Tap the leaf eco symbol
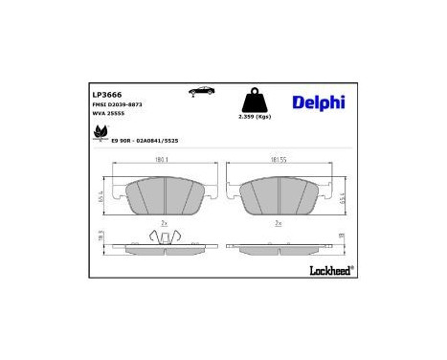[x=100, y=132]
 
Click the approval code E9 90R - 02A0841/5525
[x=145, y=140]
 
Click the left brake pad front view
[x=162, y=197]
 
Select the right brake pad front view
[x=280, y=197]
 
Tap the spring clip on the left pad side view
[x=163, y=238]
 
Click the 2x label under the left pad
[x=164, y=223]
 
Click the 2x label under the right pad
[x=279, y=223]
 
